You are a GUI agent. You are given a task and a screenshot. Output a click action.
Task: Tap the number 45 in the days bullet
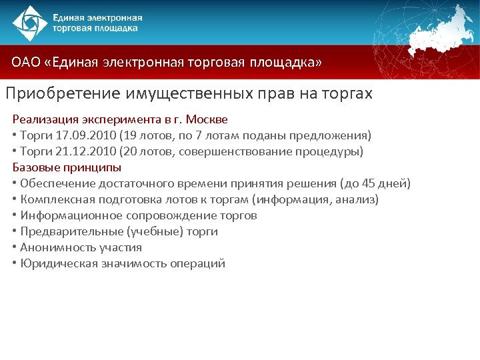(367, 183)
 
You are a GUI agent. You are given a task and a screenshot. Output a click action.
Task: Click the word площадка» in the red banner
(285, 63)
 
